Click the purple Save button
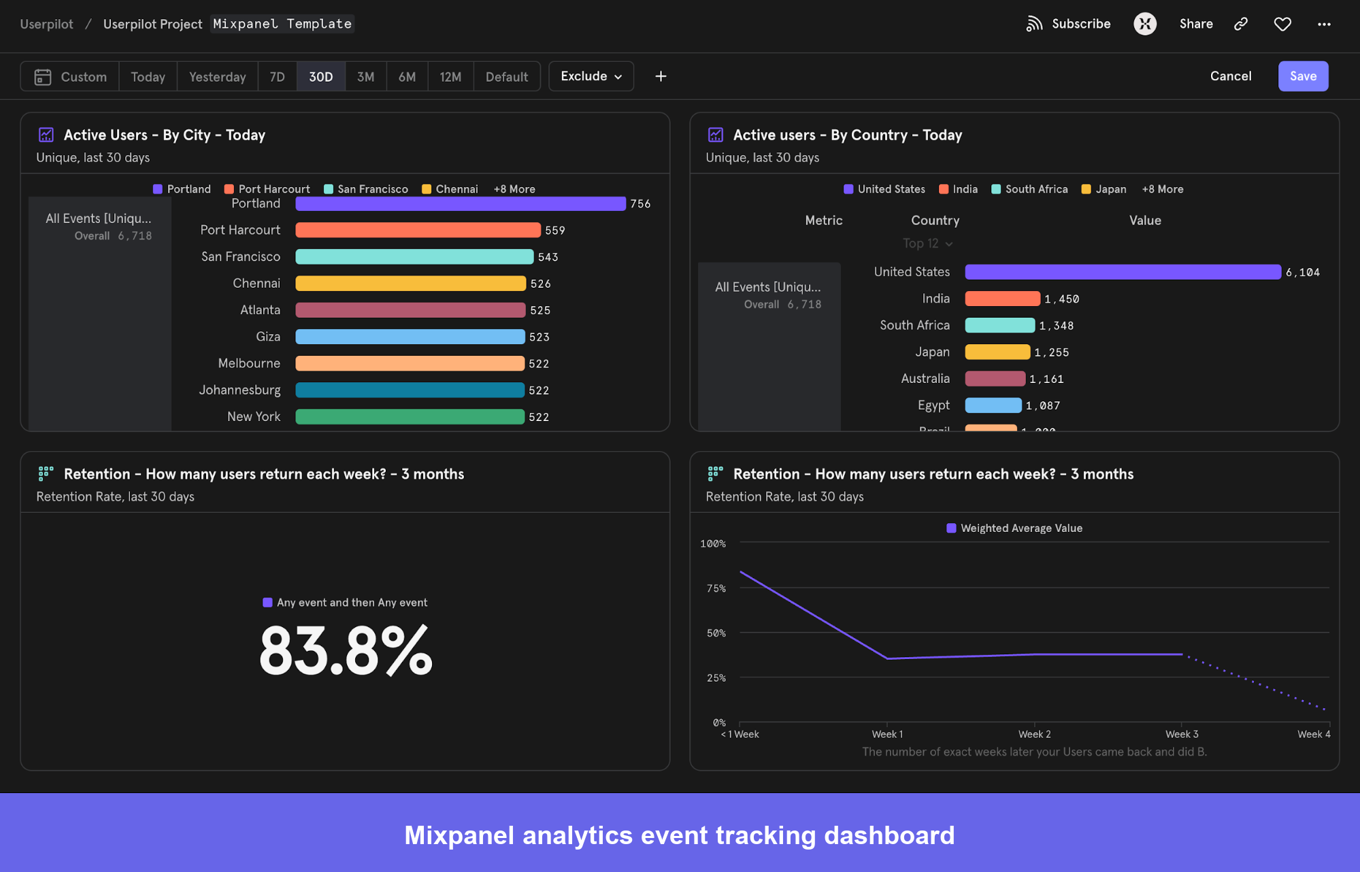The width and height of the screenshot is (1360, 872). (1302, 76)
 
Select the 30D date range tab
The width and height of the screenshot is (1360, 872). (320, 77)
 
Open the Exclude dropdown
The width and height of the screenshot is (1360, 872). (591, 76)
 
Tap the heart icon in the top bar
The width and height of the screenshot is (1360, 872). (1282, 24)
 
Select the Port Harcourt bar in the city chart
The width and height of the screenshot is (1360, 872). (417, 230)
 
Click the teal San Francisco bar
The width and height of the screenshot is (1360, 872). (414, 256)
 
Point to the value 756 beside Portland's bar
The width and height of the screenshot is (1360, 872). (640, 204)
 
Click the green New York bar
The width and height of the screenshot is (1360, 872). (409, 417)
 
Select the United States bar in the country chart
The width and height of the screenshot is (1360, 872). (1122, 272)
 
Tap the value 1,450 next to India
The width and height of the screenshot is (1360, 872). (1061, 299)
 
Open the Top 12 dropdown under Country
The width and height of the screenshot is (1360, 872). (927, 244)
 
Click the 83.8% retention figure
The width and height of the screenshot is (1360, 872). (345, 651)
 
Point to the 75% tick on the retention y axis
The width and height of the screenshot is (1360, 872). (716, 588)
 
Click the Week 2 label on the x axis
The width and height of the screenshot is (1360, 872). (1034, 734)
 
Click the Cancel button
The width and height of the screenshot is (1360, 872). (1230, 76)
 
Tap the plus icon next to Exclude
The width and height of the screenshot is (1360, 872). (660, 76)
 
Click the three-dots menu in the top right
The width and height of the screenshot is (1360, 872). (1323, 24)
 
